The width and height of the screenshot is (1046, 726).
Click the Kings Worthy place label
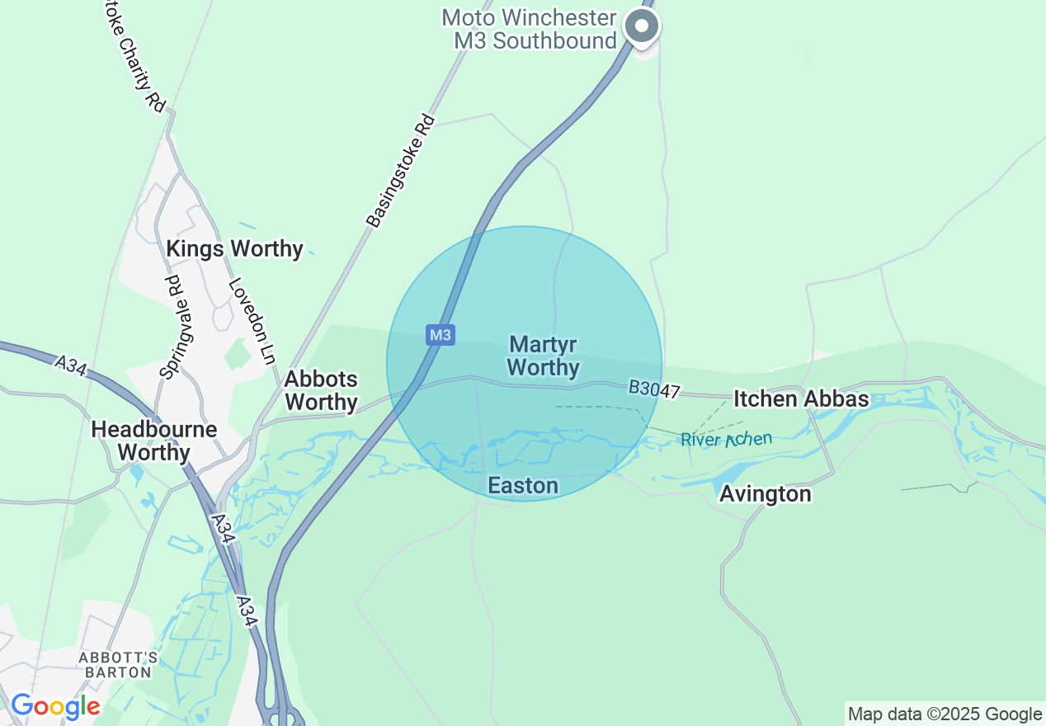click(234, 248)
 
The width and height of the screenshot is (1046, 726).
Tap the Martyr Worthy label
click(543, 356)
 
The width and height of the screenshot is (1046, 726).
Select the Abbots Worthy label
click(321, 390)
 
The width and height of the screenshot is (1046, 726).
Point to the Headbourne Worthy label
click(154, 441)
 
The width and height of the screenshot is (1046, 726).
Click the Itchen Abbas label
click(801, 399)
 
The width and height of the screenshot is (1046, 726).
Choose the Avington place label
click(766, 494)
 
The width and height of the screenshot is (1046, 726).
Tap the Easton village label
click(523, 486)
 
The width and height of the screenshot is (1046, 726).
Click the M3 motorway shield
click(441, 335)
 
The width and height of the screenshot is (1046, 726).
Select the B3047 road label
click(653, 389)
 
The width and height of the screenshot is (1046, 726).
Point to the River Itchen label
click(726, 439)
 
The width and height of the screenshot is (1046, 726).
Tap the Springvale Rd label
click(171, 327)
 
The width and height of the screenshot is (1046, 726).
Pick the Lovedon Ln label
click(251, 321)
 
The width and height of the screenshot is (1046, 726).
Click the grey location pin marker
click(642, 26)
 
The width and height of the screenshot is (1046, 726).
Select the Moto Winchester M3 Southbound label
click(529, 29)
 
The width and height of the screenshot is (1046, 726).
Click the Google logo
click(55, 706)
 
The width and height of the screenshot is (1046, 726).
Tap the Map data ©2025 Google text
click(945, 714)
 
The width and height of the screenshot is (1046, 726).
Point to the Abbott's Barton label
click(118, 664)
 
